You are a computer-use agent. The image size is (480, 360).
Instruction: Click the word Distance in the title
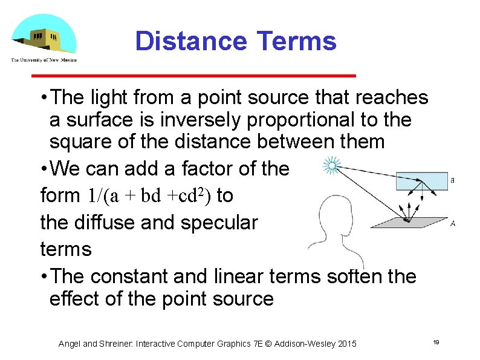[190, 42]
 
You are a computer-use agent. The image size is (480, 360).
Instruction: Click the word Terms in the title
[296, 42]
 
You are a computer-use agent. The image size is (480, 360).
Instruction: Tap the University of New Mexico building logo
[44, 35]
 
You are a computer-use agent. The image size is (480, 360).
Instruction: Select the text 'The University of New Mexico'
[44, 60]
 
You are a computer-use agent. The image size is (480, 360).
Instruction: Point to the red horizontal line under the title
[193, 76]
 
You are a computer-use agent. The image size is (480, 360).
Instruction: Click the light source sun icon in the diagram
[331, 164]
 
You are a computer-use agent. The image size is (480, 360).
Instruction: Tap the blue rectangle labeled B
[421, 180]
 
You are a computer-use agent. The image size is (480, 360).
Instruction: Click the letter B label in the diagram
[453, 180]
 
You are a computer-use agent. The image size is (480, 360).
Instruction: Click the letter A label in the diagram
[453, 224]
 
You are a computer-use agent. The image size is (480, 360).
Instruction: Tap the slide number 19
[435, 343]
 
